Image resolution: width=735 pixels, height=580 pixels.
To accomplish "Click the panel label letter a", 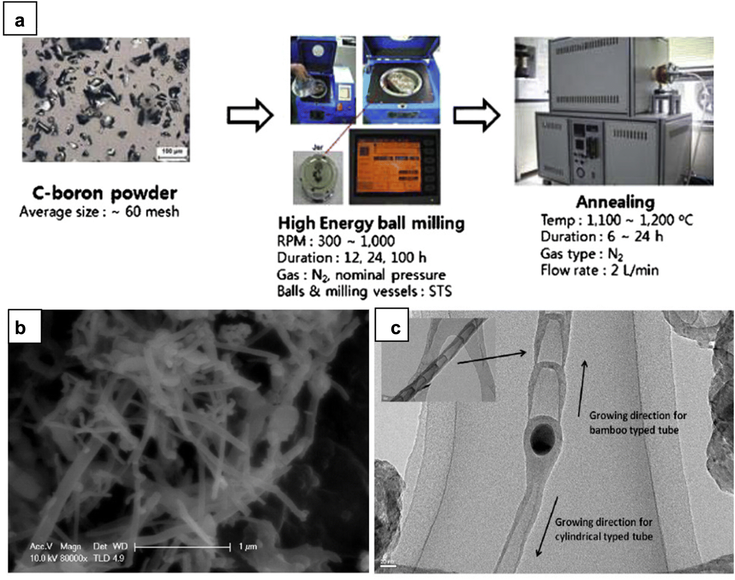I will (19, 20).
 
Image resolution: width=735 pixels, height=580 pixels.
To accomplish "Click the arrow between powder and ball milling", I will (250, 115).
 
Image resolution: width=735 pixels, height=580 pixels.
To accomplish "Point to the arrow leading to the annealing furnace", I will (476, 115).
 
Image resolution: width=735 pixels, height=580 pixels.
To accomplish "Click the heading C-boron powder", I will (105, 193).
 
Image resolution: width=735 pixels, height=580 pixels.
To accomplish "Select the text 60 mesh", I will (152, 212).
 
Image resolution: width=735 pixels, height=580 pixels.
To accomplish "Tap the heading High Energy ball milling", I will (371, 223).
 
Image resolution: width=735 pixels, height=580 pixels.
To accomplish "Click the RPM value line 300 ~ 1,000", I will (356, 241).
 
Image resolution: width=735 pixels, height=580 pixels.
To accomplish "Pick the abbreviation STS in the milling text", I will (440, 292).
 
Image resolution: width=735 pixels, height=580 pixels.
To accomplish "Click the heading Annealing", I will (615, 202).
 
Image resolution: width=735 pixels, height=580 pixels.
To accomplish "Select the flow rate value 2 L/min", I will (635, 270).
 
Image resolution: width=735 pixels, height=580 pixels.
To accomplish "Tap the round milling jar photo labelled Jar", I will (317, 176).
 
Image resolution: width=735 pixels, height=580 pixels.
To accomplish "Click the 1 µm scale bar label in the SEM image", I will (248, 547).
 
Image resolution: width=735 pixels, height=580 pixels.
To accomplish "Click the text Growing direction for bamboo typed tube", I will (637, 423).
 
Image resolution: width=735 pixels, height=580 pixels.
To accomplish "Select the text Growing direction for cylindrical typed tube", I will (603, 529).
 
